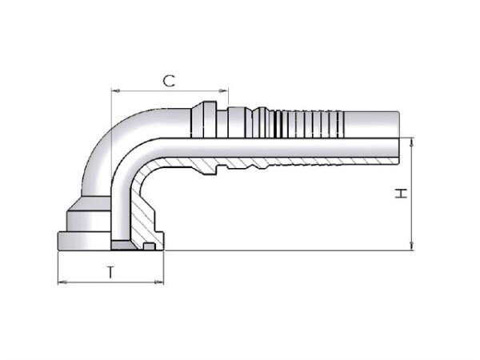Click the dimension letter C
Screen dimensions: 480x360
click(x=169, y=81)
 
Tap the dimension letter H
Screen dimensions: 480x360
click(x=401, y=193)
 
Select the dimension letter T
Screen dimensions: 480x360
click(x=111, y=272)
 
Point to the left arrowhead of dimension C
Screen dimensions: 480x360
click(x=115, y=91)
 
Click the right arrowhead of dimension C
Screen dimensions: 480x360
click(x=224, y=91)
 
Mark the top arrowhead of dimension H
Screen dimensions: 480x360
click(x=412, y=142)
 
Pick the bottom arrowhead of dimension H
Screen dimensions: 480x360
click(x=412, y=246)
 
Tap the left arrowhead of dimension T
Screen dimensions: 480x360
click(x=62, y=282)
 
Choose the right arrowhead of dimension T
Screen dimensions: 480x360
click(x=159, y=282)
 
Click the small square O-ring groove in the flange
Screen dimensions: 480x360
click(x=149, y=246)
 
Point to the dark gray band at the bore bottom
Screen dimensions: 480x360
click(x=122, y=245)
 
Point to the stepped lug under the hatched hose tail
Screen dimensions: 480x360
click(x=209, y=170)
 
